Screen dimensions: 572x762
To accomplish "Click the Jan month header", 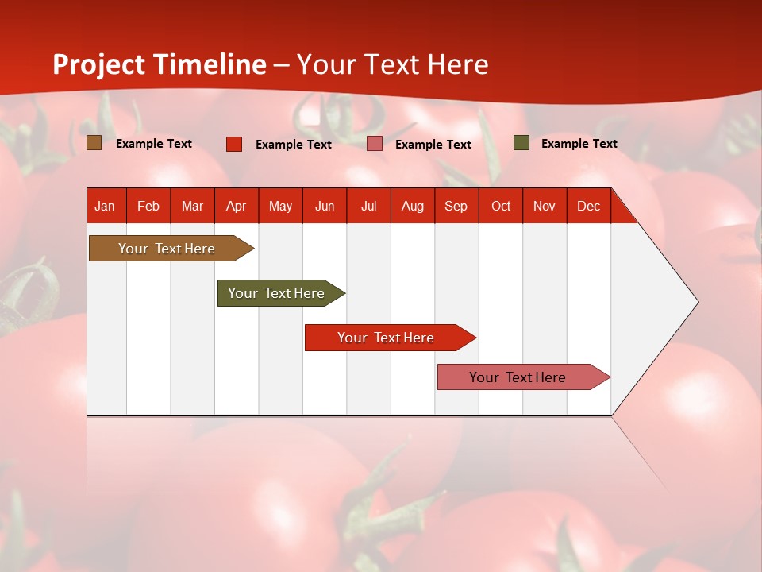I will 105,206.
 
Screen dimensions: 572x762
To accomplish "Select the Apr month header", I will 237,206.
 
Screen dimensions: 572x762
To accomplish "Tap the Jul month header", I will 368,206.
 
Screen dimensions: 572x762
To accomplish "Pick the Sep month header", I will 456,206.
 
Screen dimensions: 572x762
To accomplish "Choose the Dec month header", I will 588,206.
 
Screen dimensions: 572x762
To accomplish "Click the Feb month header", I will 148,206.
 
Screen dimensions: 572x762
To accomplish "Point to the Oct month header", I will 501,206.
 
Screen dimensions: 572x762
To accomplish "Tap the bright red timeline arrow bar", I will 387,338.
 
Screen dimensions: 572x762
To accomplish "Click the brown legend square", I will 94,143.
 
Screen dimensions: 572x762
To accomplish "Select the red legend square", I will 234,144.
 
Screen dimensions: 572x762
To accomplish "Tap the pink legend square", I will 375,144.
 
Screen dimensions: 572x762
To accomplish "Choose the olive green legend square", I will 521,143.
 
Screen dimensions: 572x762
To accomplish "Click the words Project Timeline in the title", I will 160,64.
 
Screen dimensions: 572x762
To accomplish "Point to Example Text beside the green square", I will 579,144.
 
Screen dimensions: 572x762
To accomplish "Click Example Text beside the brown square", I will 154,144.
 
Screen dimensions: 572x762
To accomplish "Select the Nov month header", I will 545,206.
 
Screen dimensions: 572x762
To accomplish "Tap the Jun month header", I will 325,206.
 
